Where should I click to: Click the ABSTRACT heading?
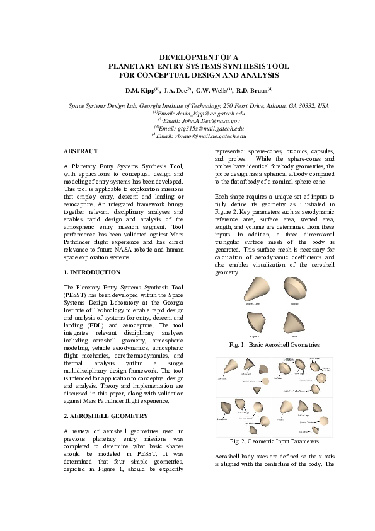[81, 151]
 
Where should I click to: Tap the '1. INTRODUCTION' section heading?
[92, 272]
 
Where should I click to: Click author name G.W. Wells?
[214, 91]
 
